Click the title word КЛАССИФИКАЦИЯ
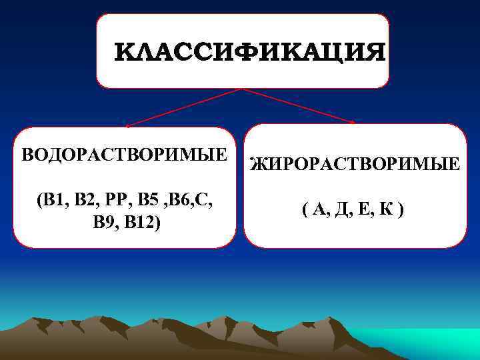(249, 52)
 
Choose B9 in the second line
(107, 222)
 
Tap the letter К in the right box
(388, 211)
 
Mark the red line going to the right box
(297, 105)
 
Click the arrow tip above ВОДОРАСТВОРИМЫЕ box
(127, 125)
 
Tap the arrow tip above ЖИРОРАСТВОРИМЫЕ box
(353, 122)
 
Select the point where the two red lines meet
(241, 89)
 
